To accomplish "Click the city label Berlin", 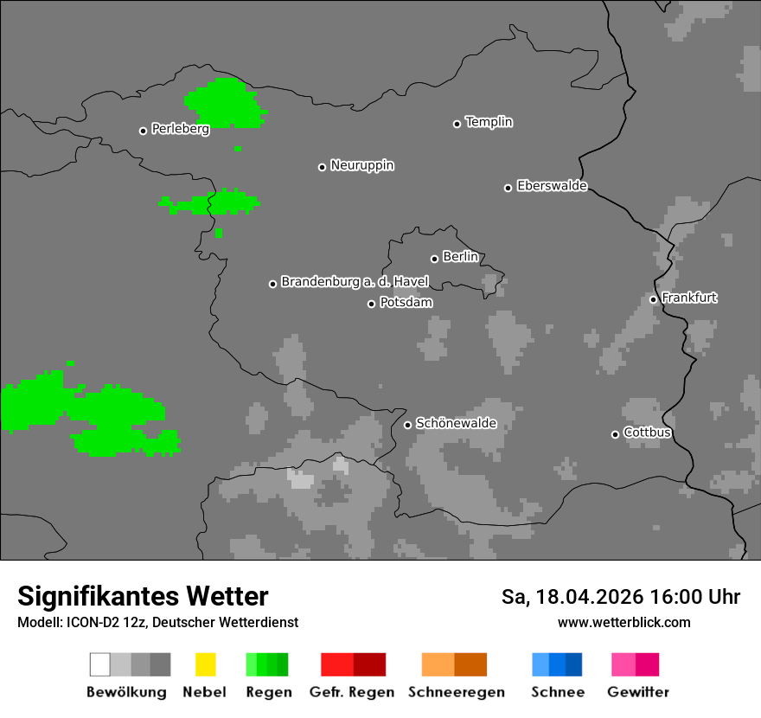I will [460, 257].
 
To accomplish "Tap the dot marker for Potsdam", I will [371, 304].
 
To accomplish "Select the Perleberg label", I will [180, 129].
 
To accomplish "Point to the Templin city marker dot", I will [457, 124].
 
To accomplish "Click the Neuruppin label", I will [361, 165].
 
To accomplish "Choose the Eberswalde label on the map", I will [552, 186].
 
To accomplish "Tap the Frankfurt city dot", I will [653, 299].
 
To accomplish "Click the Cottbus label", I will [647, 433].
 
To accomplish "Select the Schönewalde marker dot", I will [407, 425].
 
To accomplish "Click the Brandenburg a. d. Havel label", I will [355, 282].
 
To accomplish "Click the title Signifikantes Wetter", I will [143, 596].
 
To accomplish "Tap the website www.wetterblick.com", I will [624, 622].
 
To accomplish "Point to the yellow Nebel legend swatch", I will [205, 664].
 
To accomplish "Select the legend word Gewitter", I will [637, 692].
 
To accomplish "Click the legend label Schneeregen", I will [457, 692].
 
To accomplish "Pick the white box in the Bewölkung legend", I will [100, 664].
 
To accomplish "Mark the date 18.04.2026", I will [588, 597].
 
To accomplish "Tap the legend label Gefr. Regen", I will [351, 692].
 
